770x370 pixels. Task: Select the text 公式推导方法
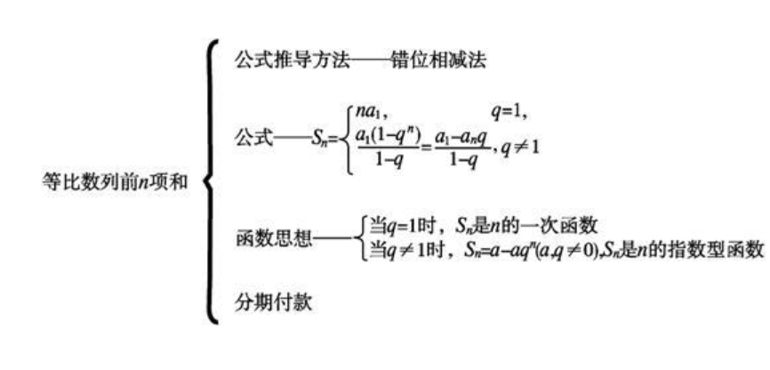tap(293, 61)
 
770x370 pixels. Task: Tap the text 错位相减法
tap(440, 61)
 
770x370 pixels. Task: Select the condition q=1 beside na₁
tap(510, 112)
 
